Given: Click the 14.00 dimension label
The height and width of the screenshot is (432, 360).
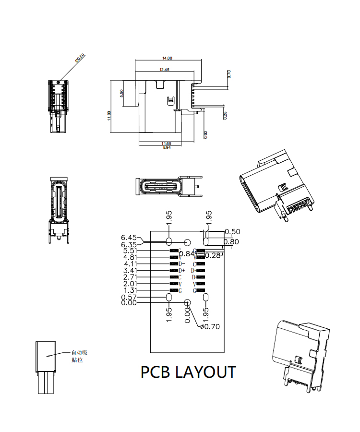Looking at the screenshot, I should pos(167,58).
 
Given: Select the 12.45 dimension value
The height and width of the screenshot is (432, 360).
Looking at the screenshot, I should pos(165,70).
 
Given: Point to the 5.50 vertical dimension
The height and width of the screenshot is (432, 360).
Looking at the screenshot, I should pos(122,93).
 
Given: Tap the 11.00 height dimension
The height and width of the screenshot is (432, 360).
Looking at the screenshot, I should pos(109,116).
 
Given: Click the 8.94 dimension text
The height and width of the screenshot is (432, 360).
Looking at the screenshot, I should pos(167,147).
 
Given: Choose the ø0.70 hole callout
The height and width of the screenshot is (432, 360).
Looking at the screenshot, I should pos(210,326).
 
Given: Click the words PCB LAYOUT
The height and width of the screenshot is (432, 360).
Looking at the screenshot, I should pos(188,372).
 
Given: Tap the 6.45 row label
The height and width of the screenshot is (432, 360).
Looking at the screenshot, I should pos(129,238).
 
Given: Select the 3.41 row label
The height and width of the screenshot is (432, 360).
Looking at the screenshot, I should pos(131,271).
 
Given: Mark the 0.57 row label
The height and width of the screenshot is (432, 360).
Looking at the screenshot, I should pos(129,297).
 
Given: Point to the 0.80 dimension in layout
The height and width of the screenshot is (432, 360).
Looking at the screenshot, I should pos(231,241).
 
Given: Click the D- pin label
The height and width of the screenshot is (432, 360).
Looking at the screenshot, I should pos(181,264).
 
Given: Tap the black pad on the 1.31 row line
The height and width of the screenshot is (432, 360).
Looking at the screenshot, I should pos(174,291).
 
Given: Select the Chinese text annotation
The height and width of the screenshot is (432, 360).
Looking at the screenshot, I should pos(79,356).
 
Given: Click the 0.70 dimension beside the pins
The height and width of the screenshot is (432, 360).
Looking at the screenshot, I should pos(229,74).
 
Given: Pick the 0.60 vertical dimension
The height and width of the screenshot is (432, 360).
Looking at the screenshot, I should pos(206,134).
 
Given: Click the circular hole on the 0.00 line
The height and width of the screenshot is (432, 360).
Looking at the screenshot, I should pos(187,303).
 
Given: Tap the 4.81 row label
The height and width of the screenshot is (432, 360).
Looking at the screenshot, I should pos(131,257).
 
